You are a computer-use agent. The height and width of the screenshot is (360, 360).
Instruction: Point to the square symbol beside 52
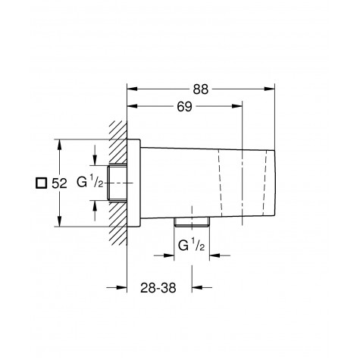point(32,183)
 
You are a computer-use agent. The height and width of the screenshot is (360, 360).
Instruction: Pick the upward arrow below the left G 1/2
point(94,205)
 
